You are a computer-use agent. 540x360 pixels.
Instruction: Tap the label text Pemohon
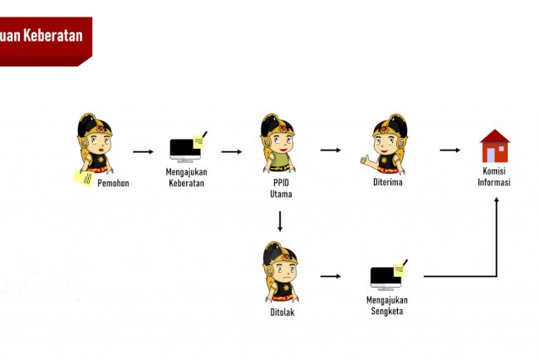coord(113,183)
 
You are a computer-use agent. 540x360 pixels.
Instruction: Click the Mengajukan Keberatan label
coord(187,178)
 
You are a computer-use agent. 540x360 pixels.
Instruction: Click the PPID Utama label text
coord(280,189)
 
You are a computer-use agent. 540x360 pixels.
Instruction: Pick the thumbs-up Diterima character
coord(386,145)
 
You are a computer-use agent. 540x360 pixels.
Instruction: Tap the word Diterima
coord(388,183)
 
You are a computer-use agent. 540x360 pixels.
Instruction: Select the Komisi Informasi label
coord(494,178)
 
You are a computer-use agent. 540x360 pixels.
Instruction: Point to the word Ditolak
coord(282,313)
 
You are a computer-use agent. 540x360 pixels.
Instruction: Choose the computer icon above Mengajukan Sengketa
coord(388,276)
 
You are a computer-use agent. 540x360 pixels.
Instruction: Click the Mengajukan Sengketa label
coord(387,305)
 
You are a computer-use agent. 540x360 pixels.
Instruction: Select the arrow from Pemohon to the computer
coord(144,152)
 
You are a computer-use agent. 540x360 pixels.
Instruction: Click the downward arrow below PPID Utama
coord(281,221)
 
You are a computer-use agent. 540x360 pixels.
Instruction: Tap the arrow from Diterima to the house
coord(449,150)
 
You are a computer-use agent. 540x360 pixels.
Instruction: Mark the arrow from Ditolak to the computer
coord(331,276)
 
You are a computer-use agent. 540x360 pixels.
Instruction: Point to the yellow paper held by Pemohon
coord(83,177)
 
